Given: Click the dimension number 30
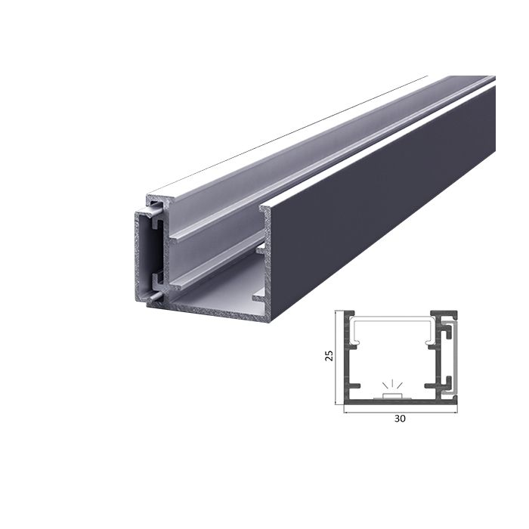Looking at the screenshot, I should click(x=401, y=419).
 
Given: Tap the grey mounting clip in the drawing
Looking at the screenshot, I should click(x=453, y=355).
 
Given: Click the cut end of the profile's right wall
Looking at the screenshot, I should click(x=265, y=257).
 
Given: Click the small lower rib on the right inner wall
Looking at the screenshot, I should click(x=258, y=297).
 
